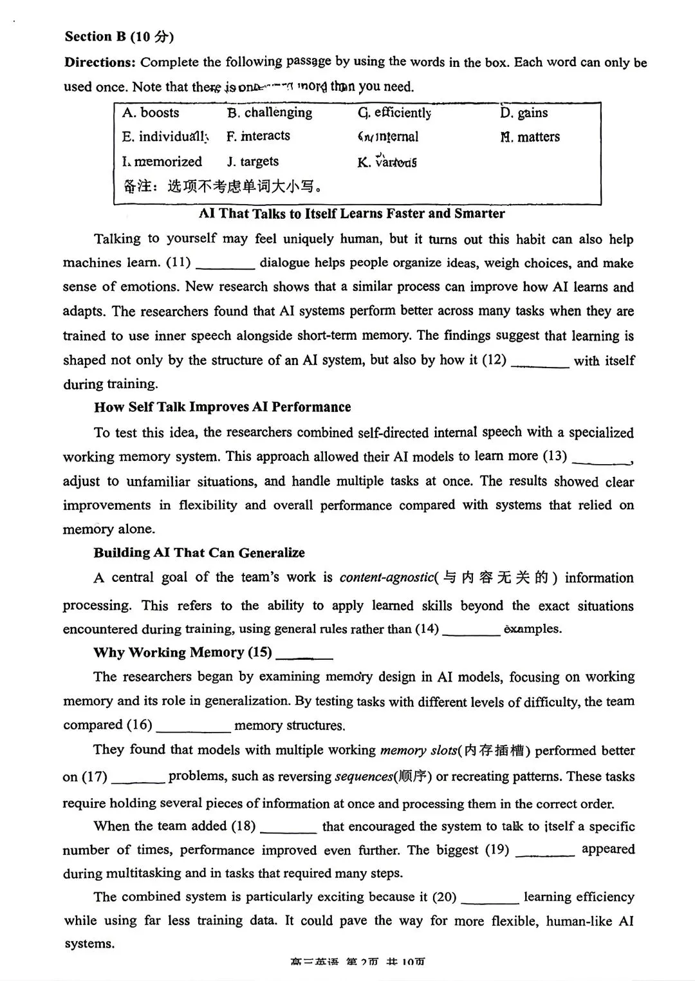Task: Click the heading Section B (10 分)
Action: pyautogui.click(x=119, y=37)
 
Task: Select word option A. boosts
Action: pyautogui.click(x=151, y=113)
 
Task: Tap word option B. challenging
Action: pyautogui.click(x=269, y=113)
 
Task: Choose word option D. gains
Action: pyautogui.click(x=524, y=113)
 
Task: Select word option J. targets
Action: pyautogui.click(x=252, y=162)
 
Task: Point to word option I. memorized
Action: pyautogui.click(x=162, y=162)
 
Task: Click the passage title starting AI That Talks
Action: pyautogui.click(x=351, y=214)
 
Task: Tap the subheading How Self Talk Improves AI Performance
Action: pyautogui.click(x=222, y=407)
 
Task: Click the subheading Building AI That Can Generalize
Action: pyautogui.click(x=199, y=553)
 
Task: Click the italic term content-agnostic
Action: pyautogui.click(x=386, y=577)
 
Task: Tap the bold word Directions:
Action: pyautogui.click(x=100, y=62)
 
